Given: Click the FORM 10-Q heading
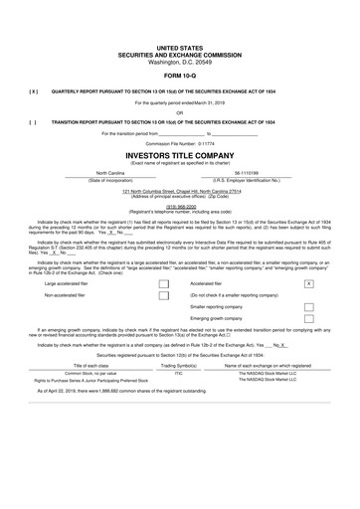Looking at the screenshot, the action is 179,76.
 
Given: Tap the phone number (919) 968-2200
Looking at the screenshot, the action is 179,207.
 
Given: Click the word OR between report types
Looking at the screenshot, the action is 179,112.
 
